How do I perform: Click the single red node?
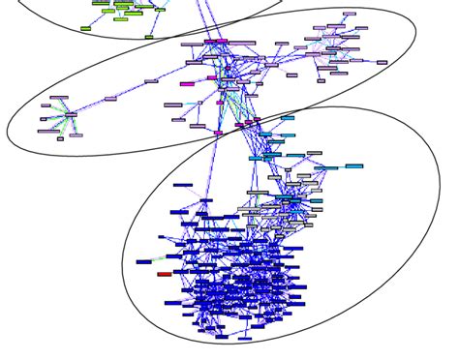164,274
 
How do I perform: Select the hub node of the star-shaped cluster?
70,115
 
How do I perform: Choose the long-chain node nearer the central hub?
151,81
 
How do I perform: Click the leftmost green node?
85,28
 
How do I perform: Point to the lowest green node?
149,37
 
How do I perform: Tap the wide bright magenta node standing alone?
188,84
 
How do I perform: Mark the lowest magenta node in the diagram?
218,133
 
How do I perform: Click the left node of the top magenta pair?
210,42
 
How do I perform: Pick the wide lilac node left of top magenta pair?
190,43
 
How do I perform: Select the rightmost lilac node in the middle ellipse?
382,62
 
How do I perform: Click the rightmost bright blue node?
353,166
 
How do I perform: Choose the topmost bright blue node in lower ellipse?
288,118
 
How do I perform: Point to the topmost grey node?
315,152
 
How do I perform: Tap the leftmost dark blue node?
144,261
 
